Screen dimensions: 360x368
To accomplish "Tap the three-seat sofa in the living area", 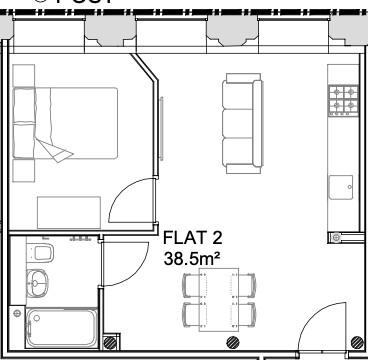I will pyautogui.click(x=243, y=120).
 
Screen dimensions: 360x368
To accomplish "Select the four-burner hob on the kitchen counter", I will pyautogui.click(x=344, y=100).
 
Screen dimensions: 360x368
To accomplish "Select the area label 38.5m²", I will pyautogui.click(x=192, y=258).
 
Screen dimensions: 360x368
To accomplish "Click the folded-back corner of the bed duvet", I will pyautogui.click(x=59, y=150).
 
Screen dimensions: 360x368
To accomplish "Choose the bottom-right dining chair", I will pyautogui.click(x=243, y=316).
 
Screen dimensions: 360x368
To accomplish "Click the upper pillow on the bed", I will pyautogui.click(x=25, y=104).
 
